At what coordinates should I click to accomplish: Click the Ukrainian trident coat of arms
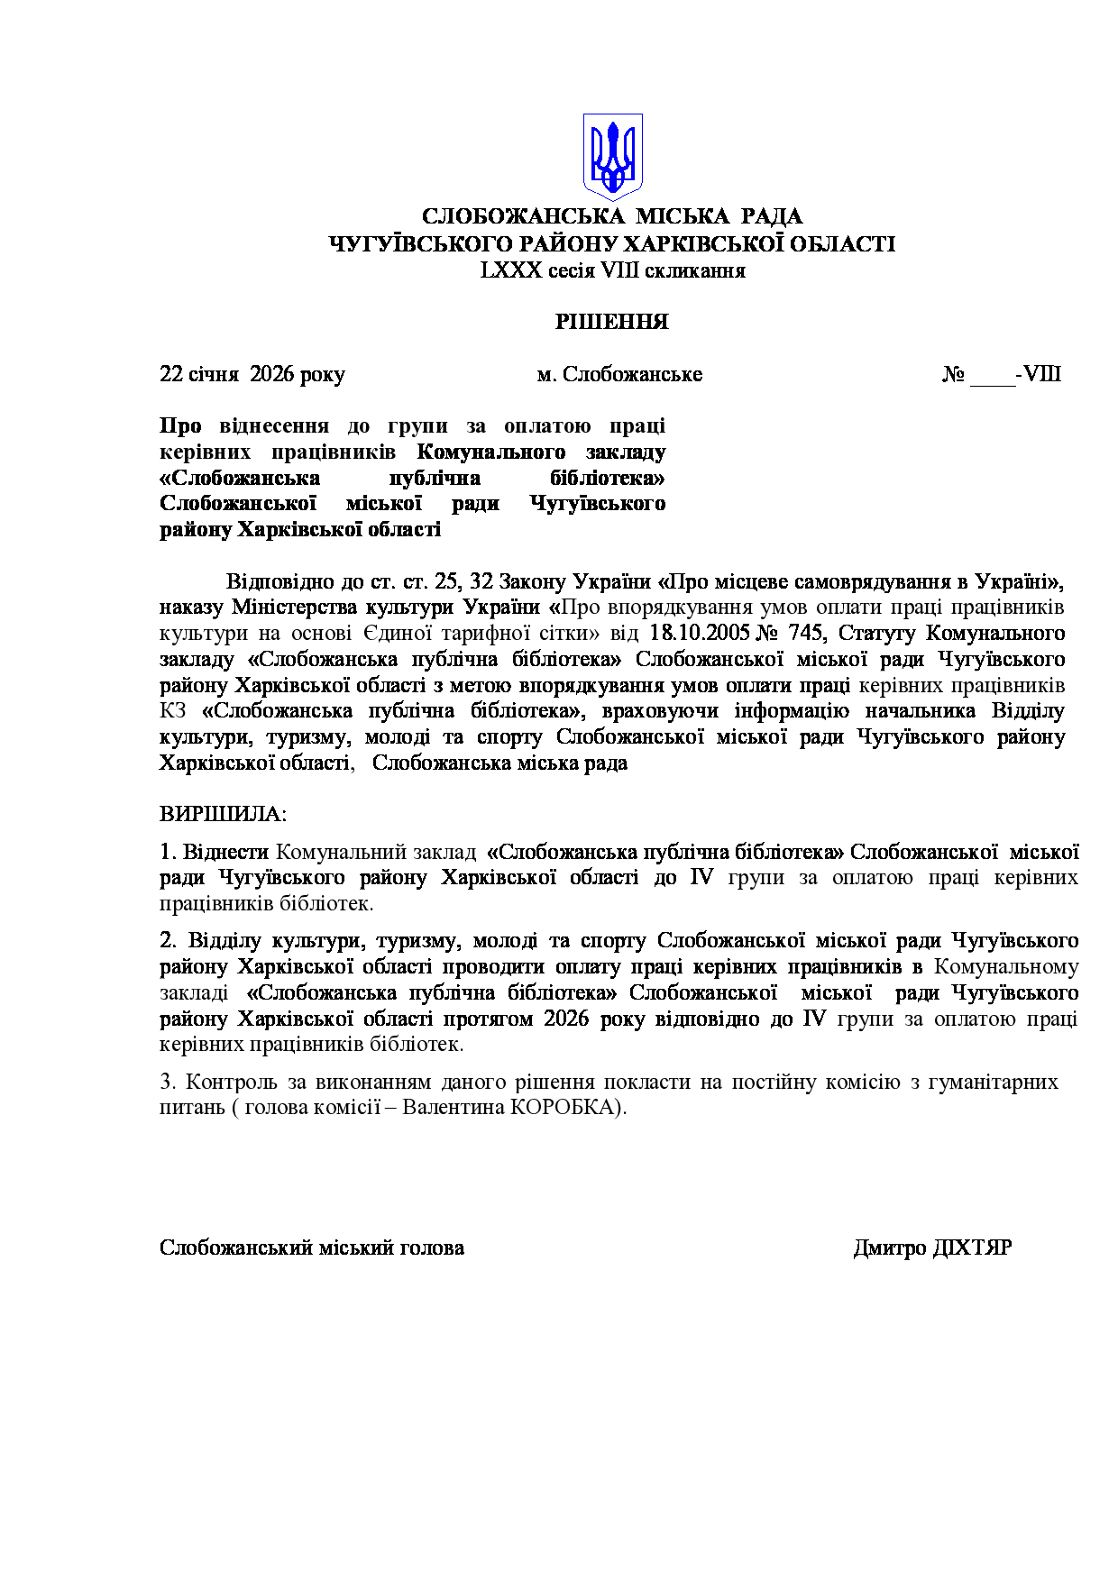point(612,155)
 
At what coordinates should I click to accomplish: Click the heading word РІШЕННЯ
point(611,323)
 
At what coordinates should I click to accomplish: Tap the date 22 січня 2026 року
point(252,374)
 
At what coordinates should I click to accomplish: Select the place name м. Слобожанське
point(619,374)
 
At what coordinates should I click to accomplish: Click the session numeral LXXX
point(511,270)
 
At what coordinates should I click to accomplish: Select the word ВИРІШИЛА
point(222,814)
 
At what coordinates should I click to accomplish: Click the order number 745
point(805,633)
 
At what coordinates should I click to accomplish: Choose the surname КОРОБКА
point(565,1107)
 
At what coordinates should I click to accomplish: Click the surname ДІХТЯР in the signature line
point(971,1247)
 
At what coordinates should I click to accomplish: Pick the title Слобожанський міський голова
point(312,1247)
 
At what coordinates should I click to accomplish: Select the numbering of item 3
point(166,1082)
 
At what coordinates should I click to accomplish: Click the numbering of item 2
point(167,940)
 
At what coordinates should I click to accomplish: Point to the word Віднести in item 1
point(225,852)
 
